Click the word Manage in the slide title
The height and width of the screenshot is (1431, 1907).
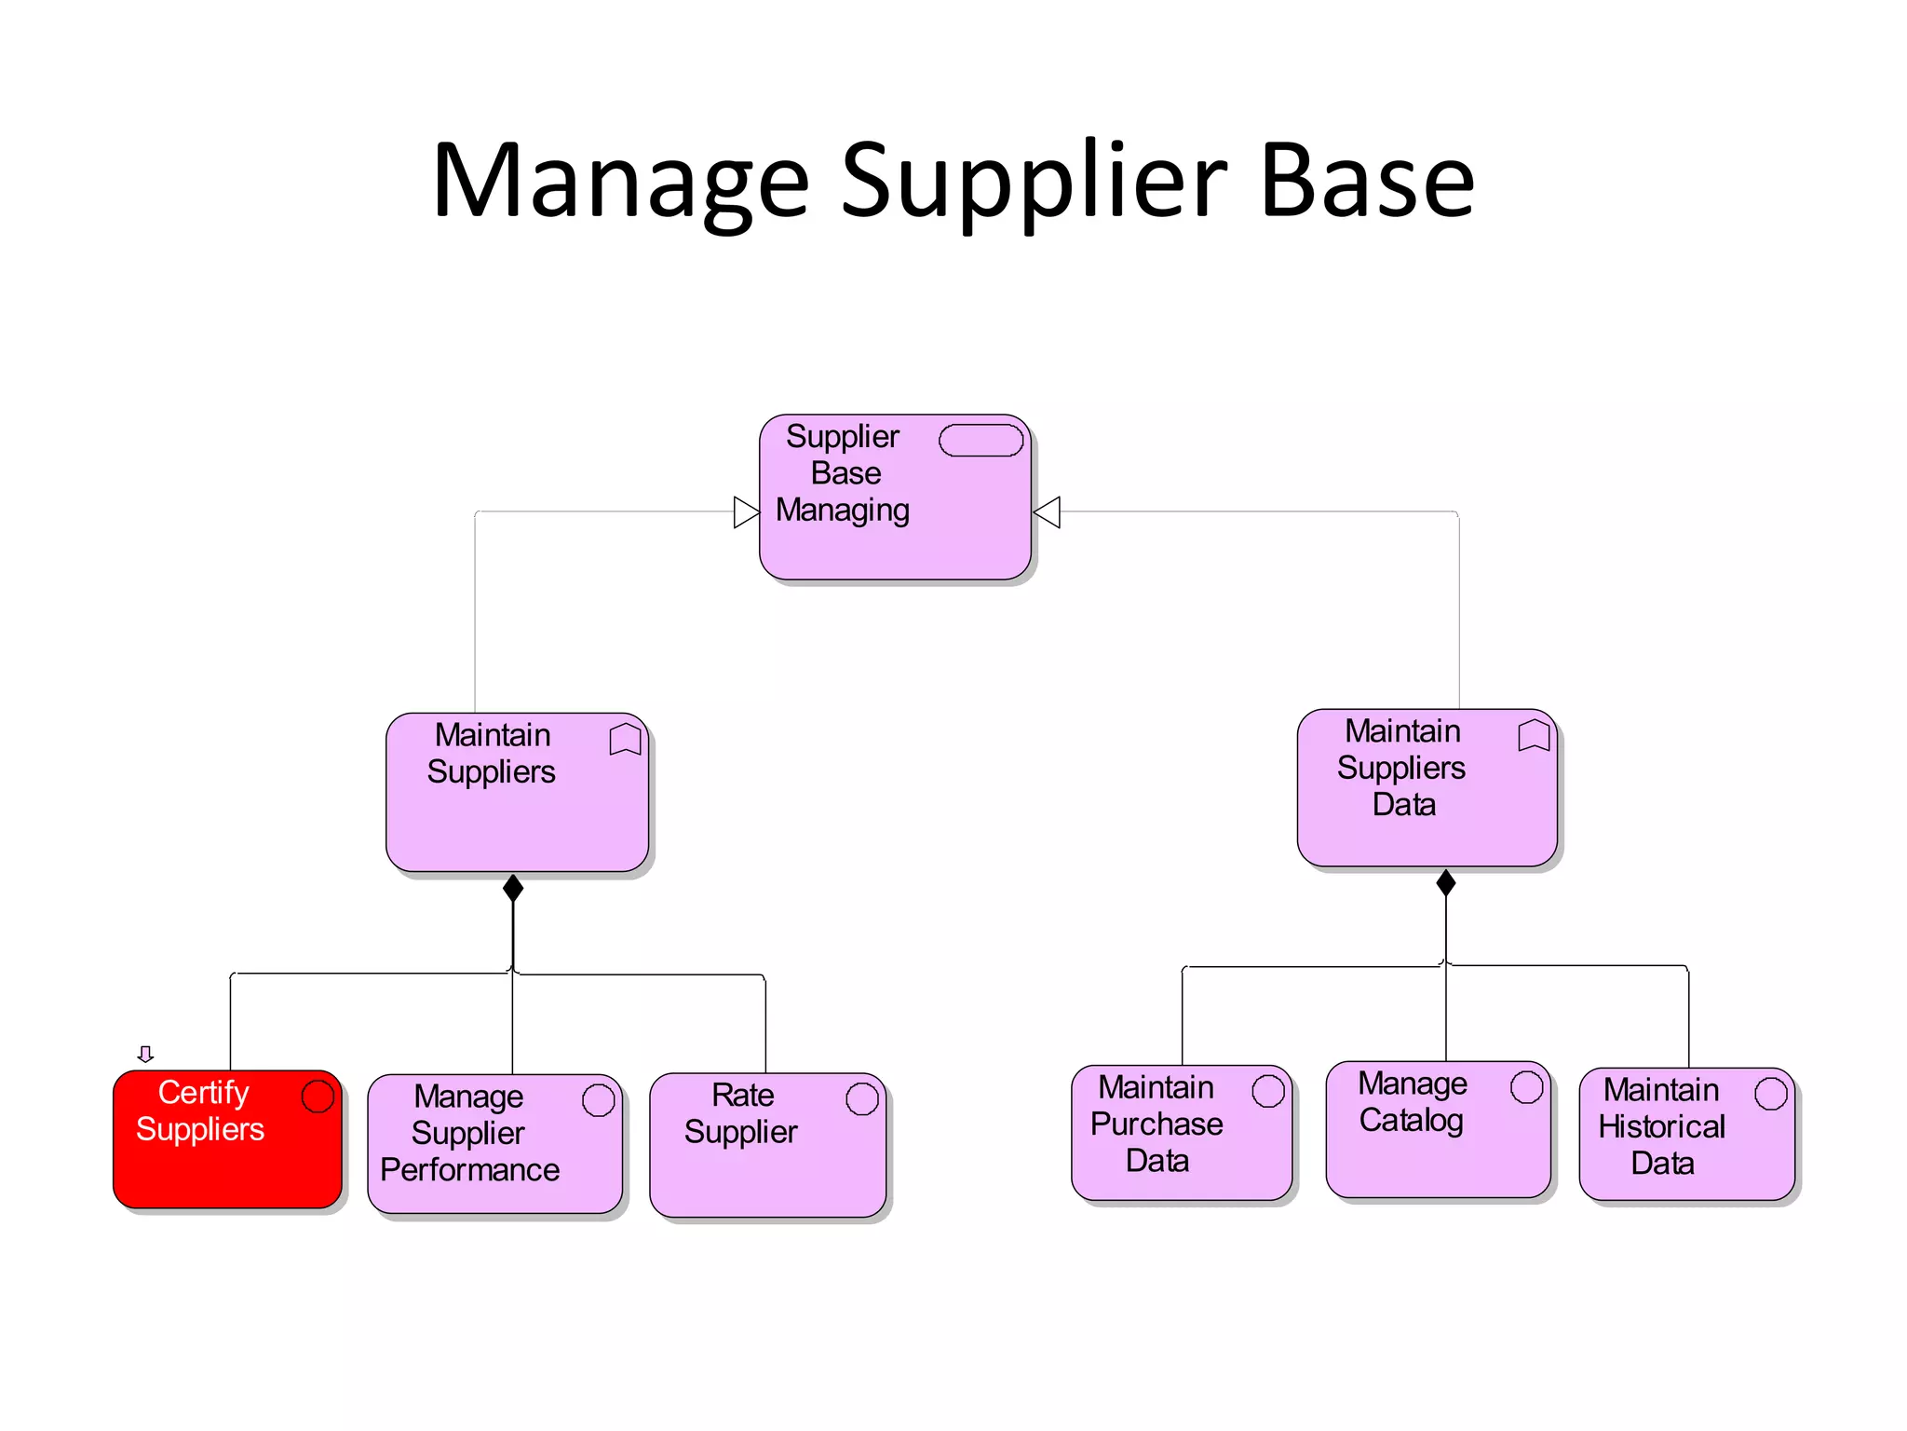click(621, 182)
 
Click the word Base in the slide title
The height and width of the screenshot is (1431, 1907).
click(1366, 182)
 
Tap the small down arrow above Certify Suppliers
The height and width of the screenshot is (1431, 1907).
click(145, 1054)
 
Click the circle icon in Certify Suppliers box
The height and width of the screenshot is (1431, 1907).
click(318, 1097)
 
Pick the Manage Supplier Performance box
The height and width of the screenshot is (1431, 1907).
click(494, 1144)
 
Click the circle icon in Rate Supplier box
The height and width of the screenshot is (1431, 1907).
click(861, 1098)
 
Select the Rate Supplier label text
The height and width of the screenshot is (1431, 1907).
click(741, 1113)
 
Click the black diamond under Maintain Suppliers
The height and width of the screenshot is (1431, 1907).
click(513, 888)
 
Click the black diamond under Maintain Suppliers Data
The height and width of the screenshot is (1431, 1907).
click(1445, 882)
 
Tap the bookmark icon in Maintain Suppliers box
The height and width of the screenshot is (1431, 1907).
click(625, 740)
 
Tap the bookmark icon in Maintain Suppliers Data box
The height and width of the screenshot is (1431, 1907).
click(1533, 735)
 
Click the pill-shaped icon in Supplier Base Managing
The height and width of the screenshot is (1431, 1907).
click(981, 441)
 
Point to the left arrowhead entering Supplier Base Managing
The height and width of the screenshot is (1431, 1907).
click(746, 512)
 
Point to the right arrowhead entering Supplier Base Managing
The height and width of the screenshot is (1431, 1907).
click(1048, 512)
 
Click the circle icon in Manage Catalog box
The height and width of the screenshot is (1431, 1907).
click(1526, 1087)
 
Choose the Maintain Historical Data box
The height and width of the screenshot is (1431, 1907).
click(1686, 1135)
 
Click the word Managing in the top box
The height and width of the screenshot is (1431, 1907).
click(842, 511)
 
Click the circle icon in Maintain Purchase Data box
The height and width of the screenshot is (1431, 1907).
click(1267, 1091)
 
